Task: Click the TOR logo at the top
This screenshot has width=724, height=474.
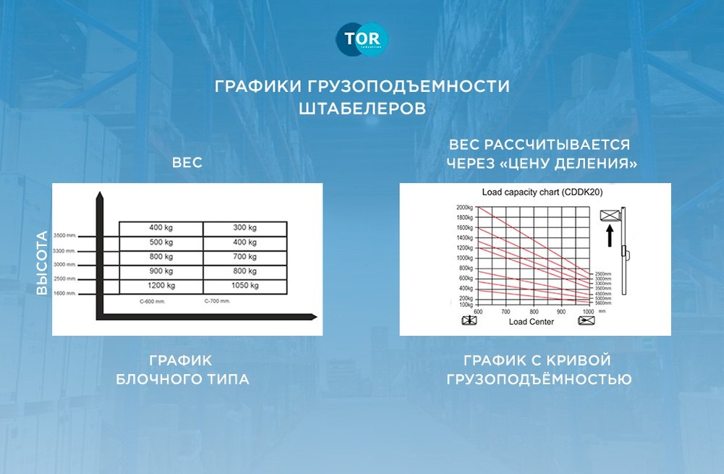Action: tap(362, 40)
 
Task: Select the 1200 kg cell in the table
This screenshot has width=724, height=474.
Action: tap(161, 286)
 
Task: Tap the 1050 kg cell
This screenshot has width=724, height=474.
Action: tap(244, 286)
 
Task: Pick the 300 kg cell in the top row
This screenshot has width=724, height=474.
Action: tap(244, 228)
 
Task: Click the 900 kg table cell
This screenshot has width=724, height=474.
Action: tap(161, 271)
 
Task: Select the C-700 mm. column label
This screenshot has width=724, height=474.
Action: tap(216, 300)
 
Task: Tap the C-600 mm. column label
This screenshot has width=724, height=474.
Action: tap(153, 300)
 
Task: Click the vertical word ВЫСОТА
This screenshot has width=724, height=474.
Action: tap(42, 262)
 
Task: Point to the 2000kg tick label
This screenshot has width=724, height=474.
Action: tap(464, 208)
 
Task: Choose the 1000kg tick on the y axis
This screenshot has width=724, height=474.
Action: tap(464, 258)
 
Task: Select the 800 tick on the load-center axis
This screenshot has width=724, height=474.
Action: tap(533, 312)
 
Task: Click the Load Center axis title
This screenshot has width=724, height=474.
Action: tap(532, 321)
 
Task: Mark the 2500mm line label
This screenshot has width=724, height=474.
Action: tap(603, 274)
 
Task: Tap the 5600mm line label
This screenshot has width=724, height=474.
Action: tap(603, 303)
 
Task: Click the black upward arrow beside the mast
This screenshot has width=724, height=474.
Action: tap(610, 234)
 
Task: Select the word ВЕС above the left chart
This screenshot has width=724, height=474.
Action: tap(187, 164)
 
